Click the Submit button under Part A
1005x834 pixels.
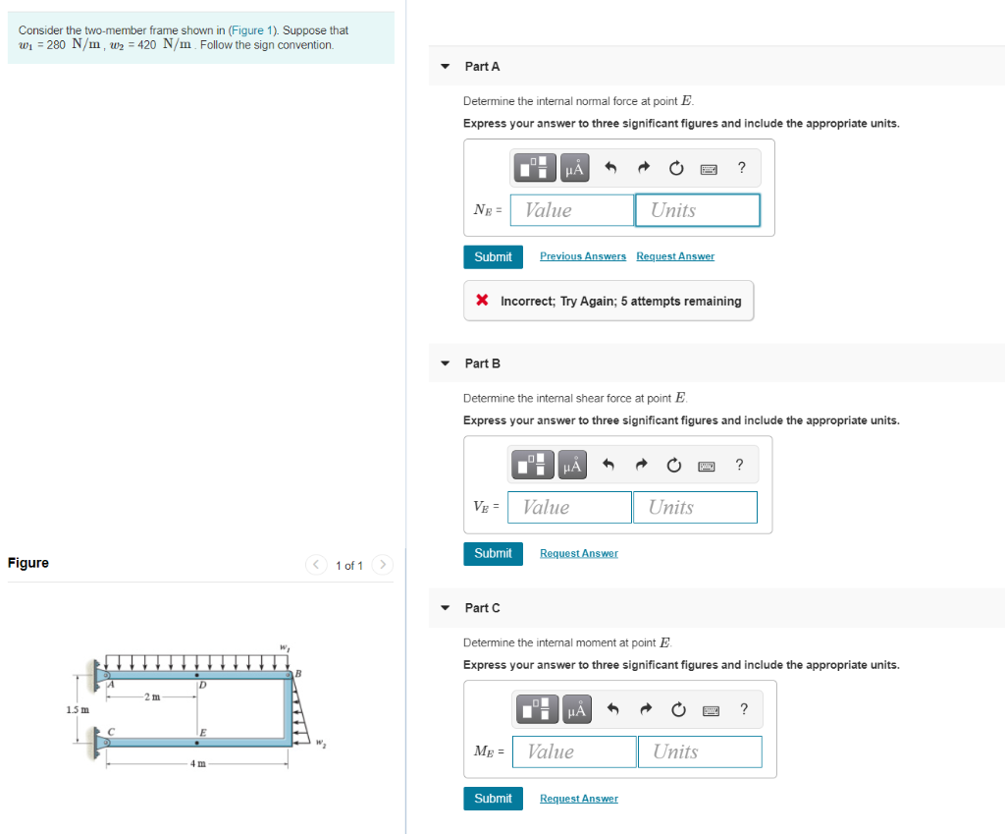493,256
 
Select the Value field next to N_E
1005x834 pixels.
572,210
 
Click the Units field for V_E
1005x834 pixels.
694,507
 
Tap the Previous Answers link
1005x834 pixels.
583,256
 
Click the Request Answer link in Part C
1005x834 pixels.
579,799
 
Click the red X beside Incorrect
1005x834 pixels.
482,301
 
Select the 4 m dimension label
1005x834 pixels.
197,763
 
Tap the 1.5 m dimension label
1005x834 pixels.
77,709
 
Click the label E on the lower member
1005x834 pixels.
203,733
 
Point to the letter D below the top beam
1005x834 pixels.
202,685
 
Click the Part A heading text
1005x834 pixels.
482,66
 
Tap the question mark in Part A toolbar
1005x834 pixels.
741,168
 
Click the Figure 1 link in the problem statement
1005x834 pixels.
246,30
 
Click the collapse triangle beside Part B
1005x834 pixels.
446,363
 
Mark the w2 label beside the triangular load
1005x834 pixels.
321,743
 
